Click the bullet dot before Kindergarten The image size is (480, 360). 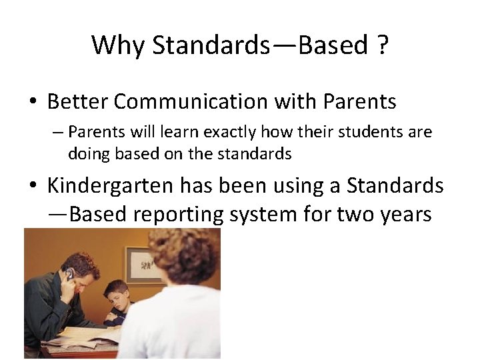[x=33, y=187]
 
